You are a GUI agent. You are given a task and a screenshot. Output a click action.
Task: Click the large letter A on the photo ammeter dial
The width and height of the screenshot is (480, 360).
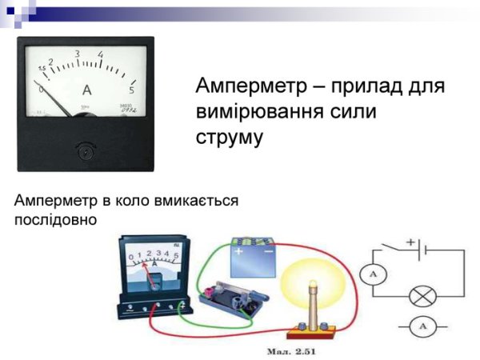pyautogui.click(x=86, y=90)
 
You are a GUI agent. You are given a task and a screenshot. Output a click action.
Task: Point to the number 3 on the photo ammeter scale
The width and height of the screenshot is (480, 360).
pyautogui.click(x=77, y=54)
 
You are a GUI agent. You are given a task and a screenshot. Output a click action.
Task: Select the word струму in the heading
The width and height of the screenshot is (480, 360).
pyautogui.click(x=229, y=137)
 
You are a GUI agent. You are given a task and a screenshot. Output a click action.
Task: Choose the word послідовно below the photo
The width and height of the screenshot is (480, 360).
pyautogui.click(x=55, y=218)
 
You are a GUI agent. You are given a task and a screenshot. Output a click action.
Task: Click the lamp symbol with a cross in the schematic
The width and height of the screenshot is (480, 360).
pyautogui.click(x=420, y=296)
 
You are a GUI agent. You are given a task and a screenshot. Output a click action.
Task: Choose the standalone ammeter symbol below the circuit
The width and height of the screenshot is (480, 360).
pyautogui.click(x=421, y=326)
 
